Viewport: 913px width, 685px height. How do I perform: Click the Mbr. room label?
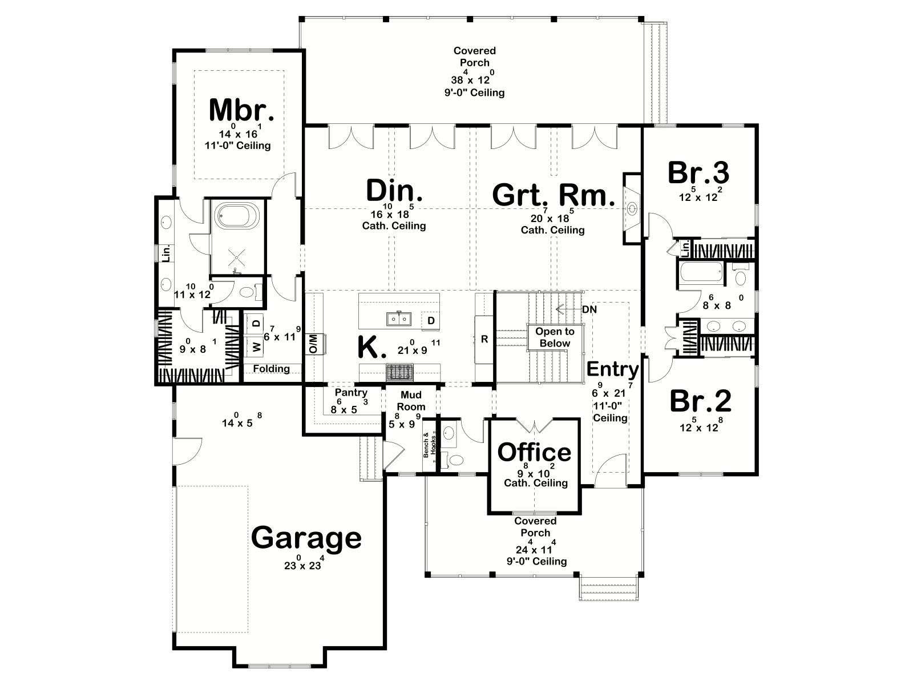[x=241, y=110]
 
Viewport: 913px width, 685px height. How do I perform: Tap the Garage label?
[x=306, y=538]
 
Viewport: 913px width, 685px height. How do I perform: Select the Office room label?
[x=535, y=452]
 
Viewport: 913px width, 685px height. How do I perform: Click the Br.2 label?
[x=701, y=401]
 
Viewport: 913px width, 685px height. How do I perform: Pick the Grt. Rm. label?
[x=554, y=195]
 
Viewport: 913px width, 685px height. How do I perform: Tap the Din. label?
[x=394, y=191]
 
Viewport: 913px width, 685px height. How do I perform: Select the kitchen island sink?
[x=399, y=319]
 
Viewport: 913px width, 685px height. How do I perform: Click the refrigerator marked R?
[x=484, y=340]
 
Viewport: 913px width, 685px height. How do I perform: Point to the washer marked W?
[x=257, y=346]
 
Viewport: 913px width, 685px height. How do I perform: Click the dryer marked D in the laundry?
[x=257, y=323]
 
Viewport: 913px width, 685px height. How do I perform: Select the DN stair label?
[x=589, y=309]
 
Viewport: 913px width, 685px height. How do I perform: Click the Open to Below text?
[x=555, y=337]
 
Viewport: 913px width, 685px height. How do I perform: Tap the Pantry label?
[x=351, y=392]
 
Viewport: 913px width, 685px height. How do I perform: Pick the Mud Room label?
[x=411, y=401]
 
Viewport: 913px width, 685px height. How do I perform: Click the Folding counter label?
[x=271, y=369]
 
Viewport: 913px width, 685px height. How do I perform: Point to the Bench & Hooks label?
[x=429, y=445]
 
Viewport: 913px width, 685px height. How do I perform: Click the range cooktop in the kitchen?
[x=400, y=372]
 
